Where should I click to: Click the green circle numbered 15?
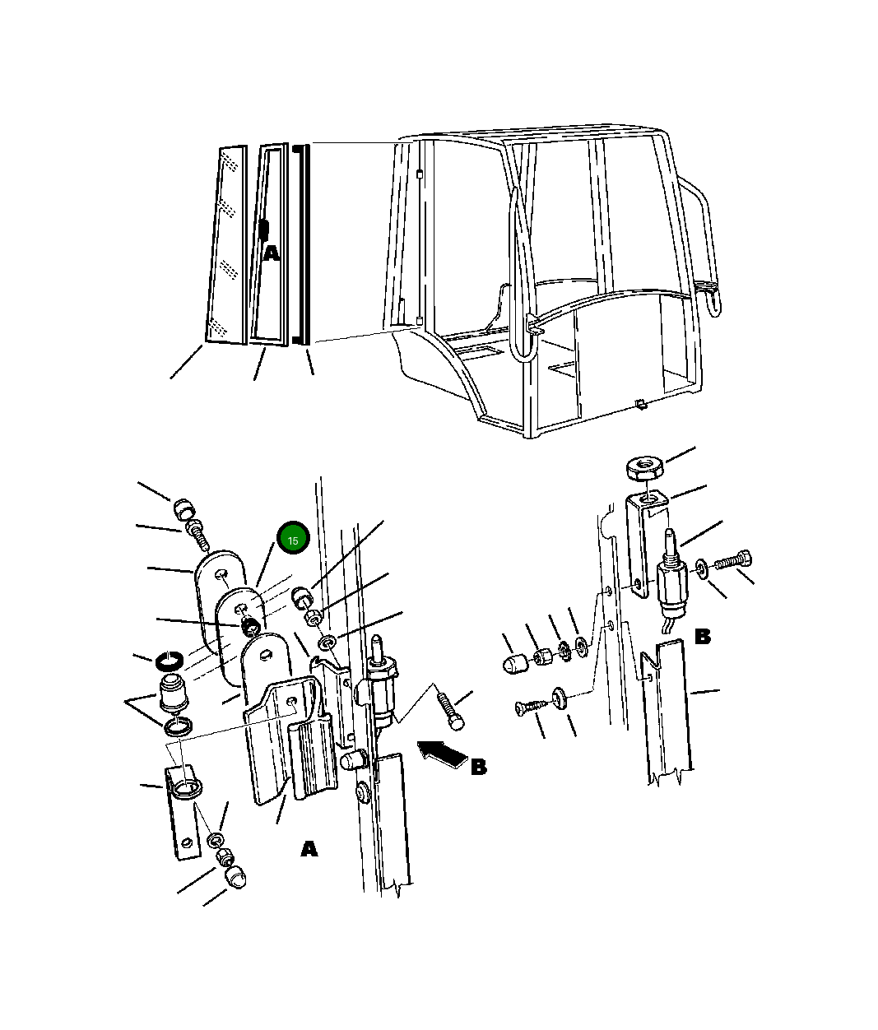point(293,538)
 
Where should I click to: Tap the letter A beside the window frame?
point(271,253)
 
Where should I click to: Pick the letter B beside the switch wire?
point(702,636)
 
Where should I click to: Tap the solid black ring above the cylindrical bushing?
point(170,661)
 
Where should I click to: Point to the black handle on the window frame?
point(264,230)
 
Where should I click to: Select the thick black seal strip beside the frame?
point(301,244)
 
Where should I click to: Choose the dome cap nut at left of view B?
point(515,664)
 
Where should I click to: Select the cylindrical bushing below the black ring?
point(173,693)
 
